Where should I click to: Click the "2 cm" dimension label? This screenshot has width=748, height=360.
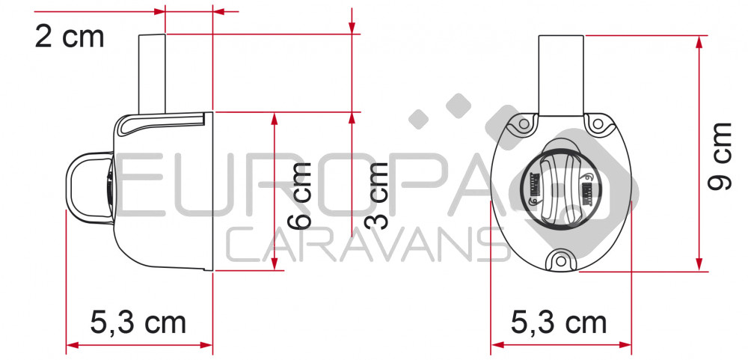(70, 37)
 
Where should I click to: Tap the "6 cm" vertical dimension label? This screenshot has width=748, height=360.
(300, 195)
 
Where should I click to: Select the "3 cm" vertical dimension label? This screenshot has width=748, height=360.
(376, 195)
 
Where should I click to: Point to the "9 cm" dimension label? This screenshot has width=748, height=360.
(720, 156)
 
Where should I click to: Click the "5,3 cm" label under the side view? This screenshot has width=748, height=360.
(138, 323)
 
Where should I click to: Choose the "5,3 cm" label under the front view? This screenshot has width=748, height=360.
(559, 323)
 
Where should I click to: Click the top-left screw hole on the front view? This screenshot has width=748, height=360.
(524, 124)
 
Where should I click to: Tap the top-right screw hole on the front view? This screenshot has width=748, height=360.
(597, 124)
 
